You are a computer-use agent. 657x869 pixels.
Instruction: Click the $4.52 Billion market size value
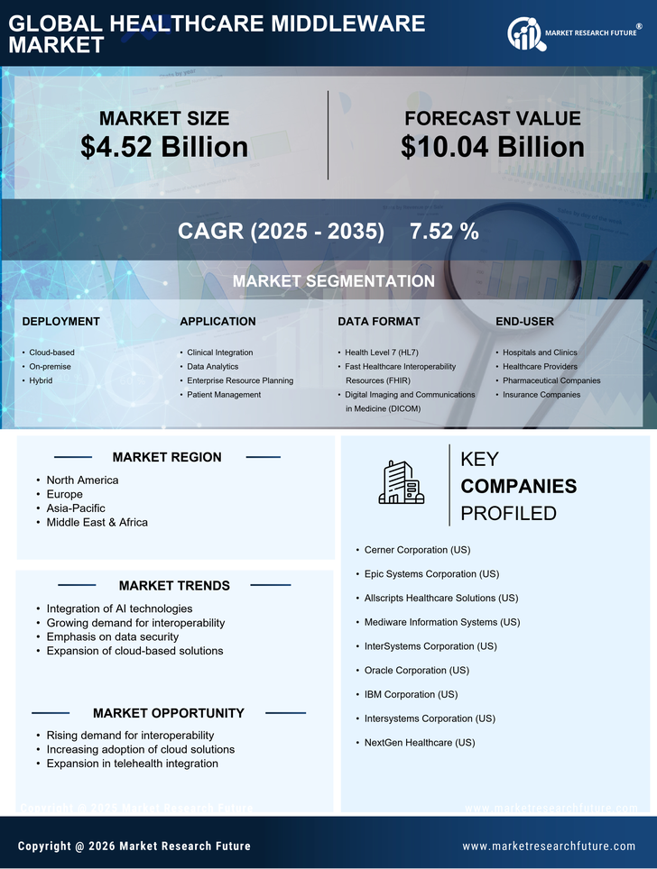[164, 147]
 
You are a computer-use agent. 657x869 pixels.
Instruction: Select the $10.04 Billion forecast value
[492, 147]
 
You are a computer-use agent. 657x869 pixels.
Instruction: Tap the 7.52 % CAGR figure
[444, 231]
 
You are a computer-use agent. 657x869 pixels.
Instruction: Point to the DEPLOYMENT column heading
[60, 321]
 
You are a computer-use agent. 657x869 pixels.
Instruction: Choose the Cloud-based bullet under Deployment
[51, 352]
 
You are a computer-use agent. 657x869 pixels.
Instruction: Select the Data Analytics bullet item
[212, 367]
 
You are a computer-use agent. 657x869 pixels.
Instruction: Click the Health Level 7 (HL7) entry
[384, 352]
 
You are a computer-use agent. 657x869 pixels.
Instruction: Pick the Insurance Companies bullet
[541, 395]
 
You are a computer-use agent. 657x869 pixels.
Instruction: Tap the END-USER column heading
[524, 321]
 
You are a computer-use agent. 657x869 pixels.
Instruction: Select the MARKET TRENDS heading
[174, 586]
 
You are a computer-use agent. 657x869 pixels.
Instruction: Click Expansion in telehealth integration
[132, 764]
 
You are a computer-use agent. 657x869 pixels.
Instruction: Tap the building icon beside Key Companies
[401, 482]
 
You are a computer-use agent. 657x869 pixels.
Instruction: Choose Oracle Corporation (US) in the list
[416, 671]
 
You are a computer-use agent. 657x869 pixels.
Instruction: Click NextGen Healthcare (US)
[419, 743]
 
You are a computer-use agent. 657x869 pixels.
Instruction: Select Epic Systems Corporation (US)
[431, 574]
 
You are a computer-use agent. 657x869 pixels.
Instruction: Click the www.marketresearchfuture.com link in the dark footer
[549, 846]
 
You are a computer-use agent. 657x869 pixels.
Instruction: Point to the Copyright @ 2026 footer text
[134, 846]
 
